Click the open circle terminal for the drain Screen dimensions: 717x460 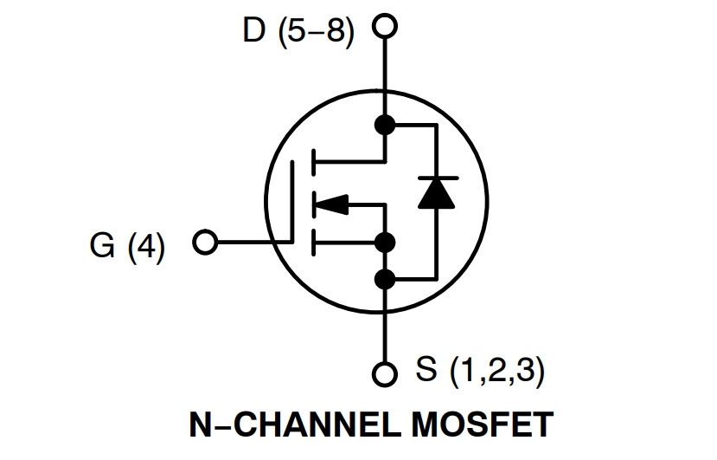(385, 15)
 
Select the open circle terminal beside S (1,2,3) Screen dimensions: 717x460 (385, 363)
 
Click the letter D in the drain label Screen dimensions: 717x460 (253, 30)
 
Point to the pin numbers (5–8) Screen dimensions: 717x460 (316, 32)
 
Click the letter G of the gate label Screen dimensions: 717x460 (102, 245)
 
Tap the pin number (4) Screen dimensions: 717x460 (146, 247)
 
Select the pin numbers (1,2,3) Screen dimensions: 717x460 (497, 370)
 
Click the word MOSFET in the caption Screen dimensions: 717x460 (483, 425)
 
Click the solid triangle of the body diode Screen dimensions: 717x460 (437, 193)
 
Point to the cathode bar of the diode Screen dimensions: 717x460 (437, 178)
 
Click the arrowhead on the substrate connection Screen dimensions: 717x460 (332, 204)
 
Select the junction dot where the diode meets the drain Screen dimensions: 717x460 (385, 125)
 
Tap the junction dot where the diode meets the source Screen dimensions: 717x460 (385, 279)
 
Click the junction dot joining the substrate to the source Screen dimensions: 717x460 (385, 243)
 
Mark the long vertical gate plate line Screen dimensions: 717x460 (291, 201)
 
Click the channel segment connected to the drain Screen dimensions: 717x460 (313, 162)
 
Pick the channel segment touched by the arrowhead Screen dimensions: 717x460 (313, 204)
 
